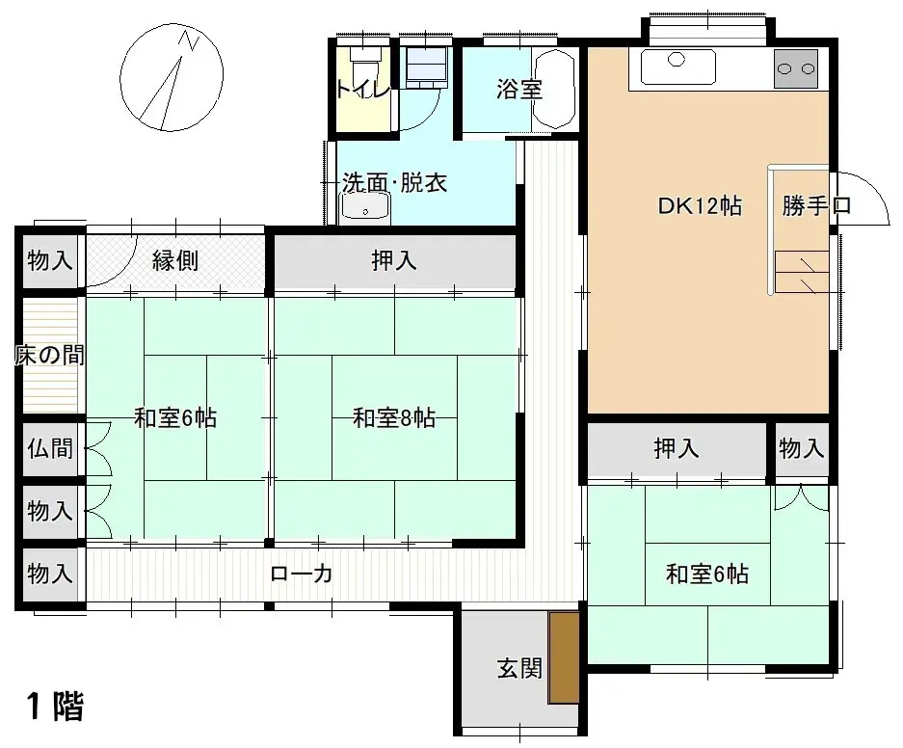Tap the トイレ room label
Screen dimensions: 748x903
point(362,90)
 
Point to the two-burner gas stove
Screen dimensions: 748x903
point(796,69)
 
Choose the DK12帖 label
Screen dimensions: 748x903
point(700,205)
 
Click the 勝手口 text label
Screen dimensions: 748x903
point(816,205)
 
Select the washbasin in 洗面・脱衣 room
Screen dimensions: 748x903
point(364,206)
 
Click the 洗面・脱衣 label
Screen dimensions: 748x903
point(394,182)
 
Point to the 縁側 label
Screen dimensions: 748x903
point(175,260)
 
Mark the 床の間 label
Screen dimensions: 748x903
point(49,355)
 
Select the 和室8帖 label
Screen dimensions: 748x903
point(393,418)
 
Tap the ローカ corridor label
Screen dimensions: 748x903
point(302,574)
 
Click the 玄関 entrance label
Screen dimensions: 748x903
point(518,668)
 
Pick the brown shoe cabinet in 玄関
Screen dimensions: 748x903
point(563,657)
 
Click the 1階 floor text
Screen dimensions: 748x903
point(55,708)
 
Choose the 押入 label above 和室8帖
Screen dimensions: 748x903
point(393,260)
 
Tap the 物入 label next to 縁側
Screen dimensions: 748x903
point(50,260)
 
